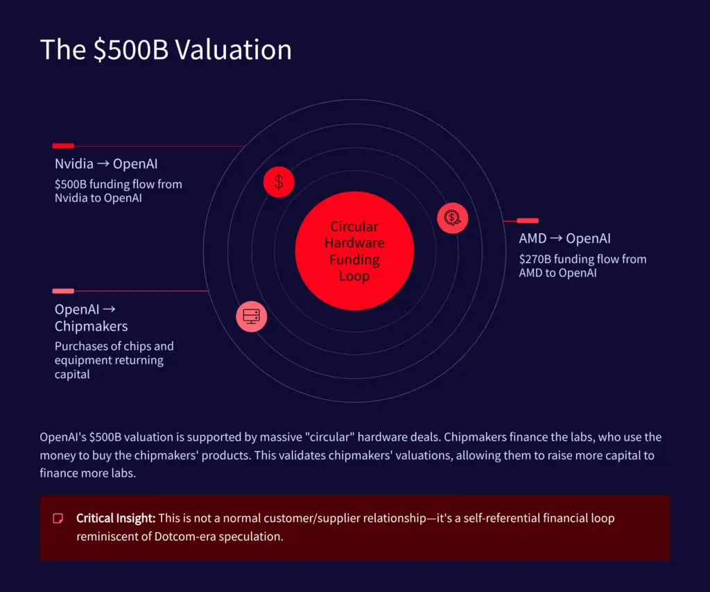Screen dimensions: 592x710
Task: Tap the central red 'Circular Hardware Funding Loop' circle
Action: coord(354,251)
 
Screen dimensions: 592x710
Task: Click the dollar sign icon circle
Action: coord(279,183)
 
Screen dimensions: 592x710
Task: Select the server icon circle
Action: coord(251,316)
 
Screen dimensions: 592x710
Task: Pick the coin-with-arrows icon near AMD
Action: coord(452,218)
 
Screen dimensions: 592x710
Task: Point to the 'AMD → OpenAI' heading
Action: coord(564,238)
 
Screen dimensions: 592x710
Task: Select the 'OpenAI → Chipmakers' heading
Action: coord(91,317)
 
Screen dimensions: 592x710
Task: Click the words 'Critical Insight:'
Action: coord(116,518)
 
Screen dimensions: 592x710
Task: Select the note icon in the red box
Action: coord(58,518)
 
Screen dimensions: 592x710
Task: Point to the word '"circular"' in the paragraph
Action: coord(412,437)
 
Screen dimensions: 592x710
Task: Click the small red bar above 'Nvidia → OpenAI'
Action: coord(63,146)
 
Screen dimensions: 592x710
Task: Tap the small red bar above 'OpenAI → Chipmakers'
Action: coord(63,291)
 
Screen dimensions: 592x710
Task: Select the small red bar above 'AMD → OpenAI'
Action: coord(528,221)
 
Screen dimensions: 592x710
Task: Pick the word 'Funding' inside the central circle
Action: coord(354,260)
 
